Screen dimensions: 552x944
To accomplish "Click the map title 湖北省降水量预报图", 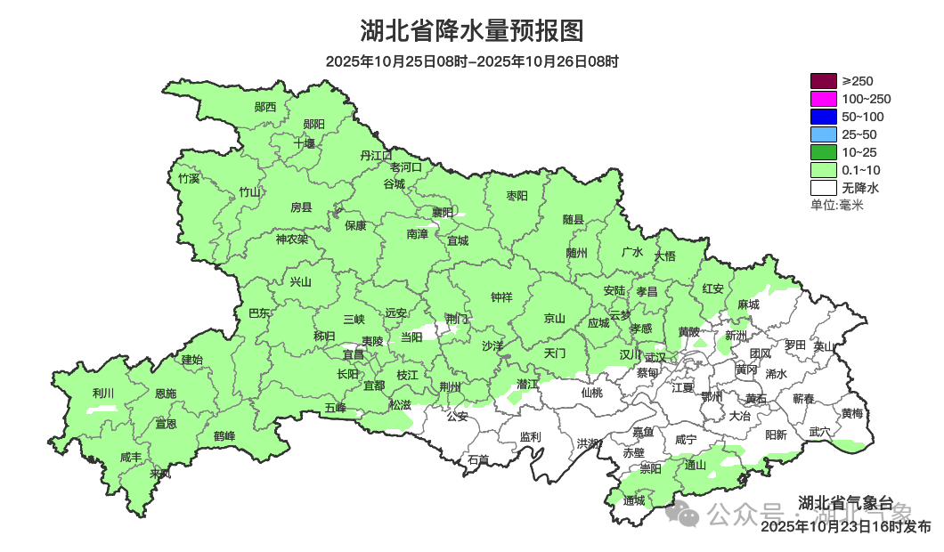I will click(471, 31).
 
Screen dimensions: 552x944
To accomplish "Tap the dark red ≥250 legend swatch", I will click(824, 81).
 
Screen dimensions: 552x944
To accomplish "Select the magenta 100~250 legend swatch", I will click(824, 99).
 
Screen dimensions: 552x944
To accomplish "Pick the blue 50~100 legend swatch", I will click(824, 117).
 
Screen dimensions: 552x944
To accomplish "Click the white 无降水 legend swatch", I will click(824, 188).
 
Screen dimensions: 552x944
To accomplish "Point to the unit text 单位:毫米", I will click(836, 206).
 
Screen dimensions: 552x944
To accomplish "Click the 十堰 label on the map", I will click(305, 143).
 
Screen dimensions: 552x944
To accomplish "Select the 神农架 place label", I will click(291, 239).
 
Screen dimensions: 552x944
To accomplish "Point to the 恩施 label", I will click(166, 394).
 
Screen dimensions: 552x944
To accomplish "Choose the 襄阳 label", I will click(443, 212).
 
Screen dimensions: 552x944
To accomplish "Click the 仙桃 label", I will click(591, 393).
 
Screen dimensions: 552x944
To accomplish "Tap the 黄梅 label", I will click(851, 414).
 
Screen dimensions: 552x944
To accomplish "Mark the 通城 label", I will click(634, 501).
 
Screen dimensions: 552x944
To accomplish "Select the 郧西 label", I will click(265, 108).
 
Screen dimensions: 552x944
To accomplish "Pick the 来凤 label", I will click(161, 474).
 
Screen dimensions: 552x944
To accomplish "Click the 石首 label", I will click(478, 460).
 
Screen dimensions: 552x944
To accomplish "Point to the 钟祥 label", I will click(502, 298).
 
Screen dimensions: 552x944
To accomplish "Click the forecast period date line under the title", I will click(471, 61).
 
